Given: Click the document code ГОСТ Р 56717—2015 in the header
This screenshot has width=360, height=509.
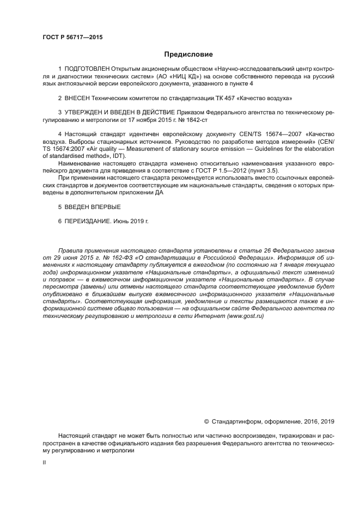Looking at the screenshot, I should tap(72, 37).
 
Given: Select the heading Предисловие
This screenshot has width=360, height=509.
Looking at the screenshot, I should tap(188, 54).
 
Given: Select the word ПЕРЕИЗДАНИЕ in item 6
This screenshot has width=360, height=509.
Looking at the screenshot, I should tap(90, 222).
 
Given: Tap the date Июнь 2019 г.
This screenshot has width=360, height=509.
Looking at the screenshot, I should tap(132, 222).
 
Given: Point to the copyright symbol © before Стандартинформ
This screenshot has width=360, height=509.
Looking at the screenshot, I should tap(206, 421).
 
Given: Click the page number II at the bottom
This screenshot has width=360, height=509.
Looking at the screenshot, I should tap(45, 462).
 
